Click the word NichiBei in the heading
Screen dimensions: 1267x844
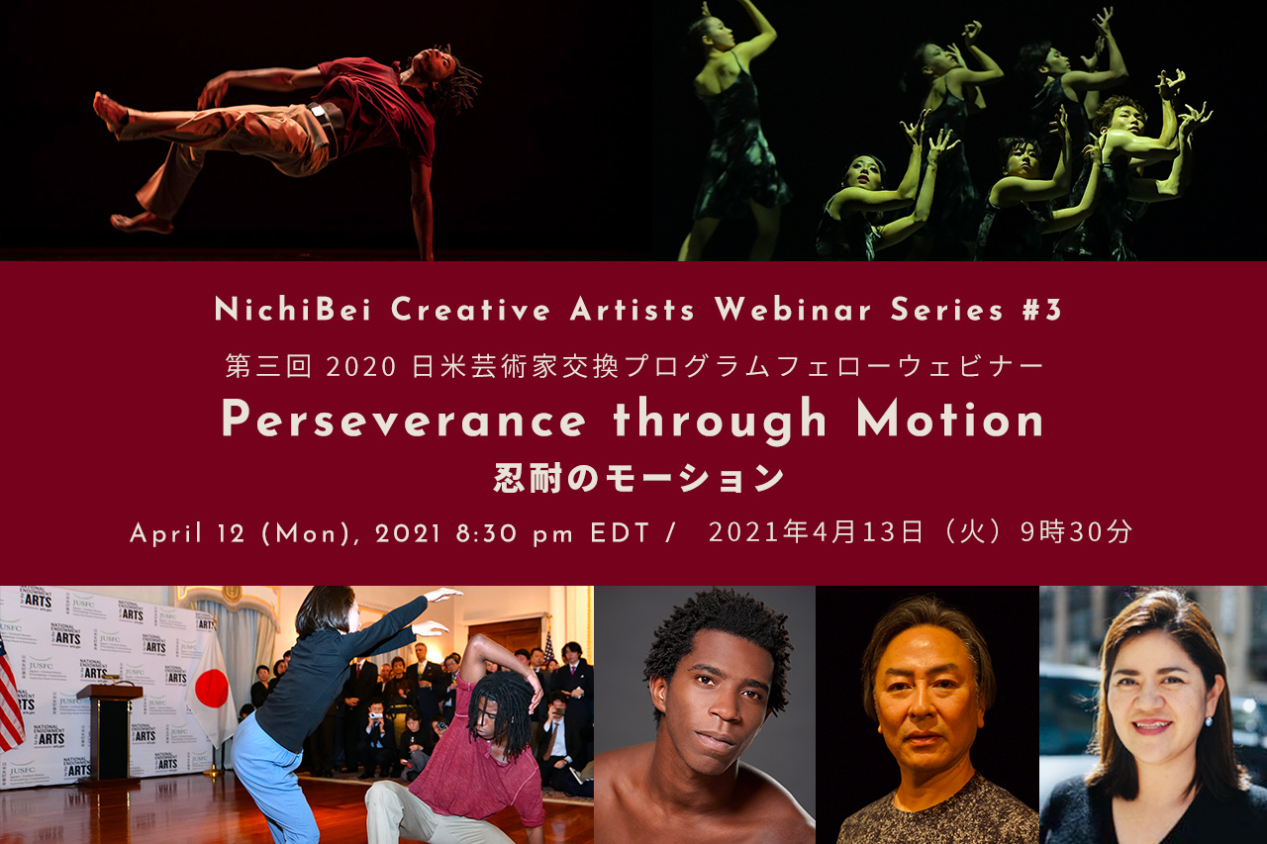(x=292, y=310)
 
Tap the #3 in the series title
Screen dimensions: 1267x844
(x=1041, y=310)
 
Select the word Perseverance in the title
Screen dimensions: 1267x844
(x=403, y=420)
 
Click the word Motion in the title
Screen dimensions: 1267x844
(x=950, y=420)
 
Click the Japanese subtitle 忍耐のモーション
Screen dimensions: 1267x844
(x=638, y=478)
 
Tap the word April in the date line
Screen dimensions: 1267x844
(x=165, y=533)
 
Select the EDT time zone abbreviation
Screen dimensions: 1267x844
(x=620, y=533)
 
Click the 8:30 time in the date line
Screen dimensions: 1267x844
(x=486, y=533)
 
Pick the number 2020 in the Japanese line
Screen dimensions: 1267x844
(x=361, y=367)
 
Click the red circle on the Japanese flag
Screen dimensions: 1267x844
(x=211, y=688)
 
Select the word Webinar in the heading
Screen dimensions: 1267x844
(x=793, y=310)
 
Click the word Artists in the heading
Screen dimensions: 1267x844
(x=633, y=310)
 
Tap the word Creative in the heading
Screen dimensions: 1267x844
(x=470, y=310)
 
